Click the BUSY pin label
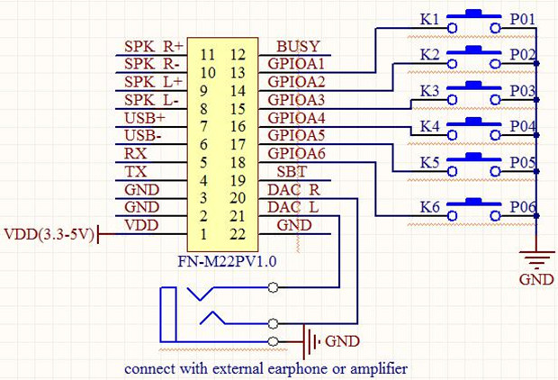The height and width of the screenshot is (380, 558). click(298, 47)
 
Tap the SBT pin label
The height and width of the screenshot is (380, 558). click(292, 172)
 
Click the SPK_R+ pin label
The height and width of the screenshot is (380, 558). click(153, 47)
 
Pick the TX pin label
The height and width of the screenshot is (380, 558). click(136, 172)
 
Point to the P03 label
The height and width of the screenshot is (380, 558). click(523, 91)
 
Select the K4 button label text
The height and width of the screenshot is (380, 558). click(431, 126)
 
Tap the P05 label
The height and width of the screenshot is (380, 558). click(523, 163)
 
